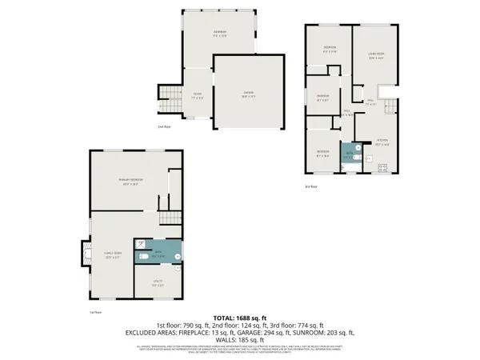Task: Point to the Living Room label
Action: pyautogui.click(x=376, y=55)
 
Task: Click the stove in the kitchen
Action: pyautogui.click(x=382, y=168)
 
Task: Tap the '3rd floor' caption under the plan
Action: pyautogui.click(x=311, y=186)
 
